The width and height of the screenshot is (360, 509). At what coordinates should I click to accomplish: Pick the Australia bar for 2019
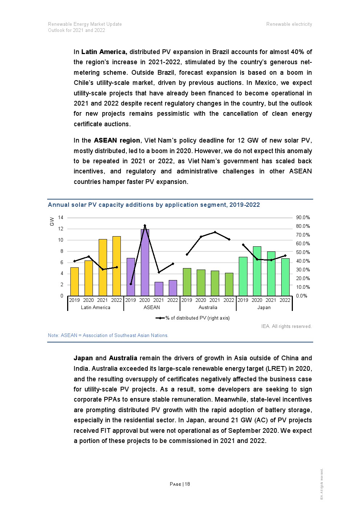click(x=187, y=282)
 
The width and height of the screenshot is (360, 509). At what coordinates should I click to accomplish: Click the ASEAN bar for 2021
click(x=159, y=289)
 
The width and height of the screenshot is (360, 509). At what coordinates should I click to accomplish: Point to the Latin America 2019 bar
click(x=74, y=282)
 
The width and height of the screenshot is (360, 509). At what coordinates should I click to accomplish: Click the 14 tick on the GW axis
click(x=61, y=218)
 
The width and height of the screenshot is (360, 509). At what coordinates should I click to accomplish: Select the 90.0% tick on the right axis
click(x=303, y=218)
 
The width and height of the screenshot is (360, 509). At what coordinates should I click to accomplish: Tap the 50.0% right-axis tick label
click(x=303, y=253)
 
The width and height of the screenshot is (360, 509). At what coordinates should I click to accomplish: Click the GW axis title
click(x=52, y=221)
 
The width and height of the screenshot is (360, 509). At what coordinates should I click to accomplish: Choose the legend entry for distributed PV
click(x=193, y=318)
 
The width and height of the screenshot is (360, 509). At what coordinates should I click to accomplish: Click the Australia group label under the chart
click(x=208, y=308)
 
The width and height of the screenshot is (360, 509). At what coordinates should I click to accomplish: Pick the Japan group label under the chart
click(x=264, y=308)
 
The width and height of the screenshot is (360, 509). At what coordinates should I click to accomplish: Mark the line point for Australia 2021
click(x=215, y=232)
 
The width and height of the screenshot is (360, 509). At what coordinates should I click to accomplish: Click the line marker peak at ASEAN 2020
click(x=145, y=226)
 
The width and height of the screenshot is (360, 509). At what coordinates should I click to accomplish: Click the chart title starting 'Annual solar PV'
click(x=154, y=205)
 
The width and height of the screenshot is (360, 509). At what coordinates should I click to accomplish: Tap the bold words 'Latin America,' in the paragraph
click(x=104, y=52)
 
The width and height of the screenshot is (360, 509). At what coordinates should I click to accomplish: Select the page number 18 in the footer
click(x=187, y=484)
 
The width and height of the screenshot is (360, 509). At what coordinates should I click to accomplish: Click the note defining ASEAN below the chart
click(x=108, y=336)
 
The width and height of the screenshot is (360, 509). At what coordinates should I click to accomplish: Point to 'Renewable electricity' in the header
click(x=289, y=24)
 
